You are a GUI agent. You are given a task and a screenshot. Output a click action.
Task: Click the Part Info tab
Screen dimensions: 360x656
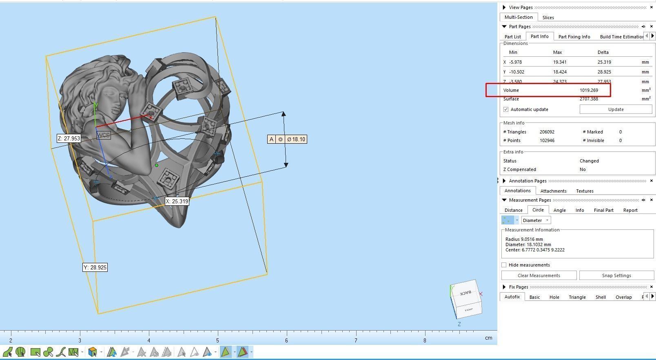[x=539, y=36]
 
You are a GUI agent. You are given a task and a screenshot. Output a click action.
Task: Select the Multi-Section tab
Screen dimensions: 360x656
[x=518, y=17]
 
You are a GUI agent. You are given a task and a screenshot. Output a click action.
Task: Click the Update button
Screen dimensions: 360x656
[x=616, y=109]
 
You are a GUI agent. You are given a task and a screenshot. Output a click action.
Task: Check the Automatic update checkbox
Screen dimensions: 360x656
[x=506, y=109]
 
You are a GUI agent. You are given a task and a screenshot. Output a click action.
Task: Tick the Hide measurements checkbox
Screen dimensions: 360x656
[x=504, y=265]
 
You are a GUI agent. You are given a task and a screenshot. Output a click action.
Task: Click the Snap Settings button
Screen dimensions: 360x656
[x=616, y=276]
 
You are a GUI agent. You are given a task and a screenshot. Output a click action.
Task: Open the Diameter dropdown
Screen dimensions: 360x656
[x=536, y=220]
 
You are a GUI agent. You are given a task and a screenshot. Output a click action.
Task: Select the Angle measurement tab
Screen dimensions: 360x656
[x=559, y=210]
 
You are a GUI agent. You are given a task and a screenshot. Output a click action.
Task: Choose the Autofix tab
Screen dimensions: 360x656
[x=512, y=297]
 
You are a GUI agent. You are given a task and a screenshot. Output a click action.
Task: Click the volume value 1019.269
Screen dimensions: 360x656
[x=589, y=90]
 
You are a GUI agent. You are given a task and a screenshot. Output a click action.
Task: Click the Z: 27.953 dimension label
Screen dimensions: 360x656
[x=69, y=138]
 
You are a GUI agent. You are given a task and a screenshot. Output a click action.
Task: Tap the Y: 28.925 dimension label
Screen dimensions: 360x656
[x=95, y=267]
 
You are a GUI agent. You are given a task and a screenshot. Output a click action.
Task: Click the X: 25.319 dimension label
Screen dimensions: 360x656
[x=177, y=201]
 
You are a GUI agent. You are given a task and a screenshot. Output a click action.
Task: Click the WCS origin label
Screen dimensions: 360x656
[x=103, y=135]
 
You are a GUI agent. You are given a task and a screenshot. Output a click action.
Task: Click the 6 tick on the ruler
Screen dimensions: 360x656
[x=286, y=340]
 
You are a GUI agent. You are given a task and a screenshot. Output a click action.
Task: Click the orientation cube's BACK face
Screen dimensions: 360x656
[x=466, y=292]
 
